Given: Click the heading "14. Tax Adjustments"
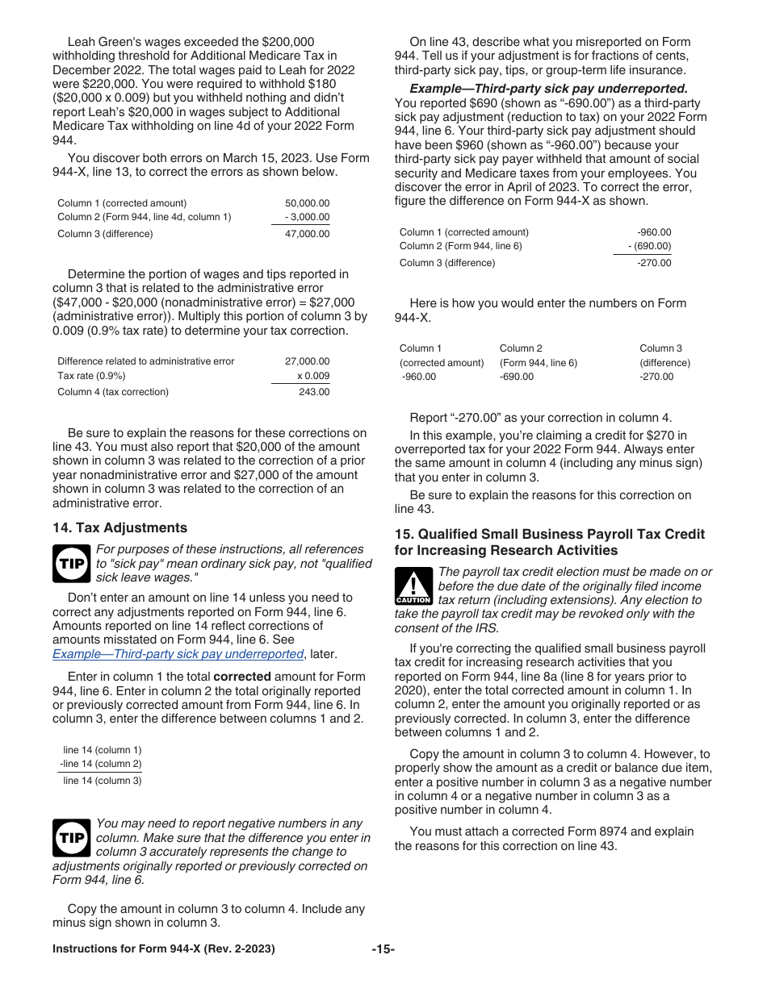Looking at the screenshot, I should (x=119, y=527).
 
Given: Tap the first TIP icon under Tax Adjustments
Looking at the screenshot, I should (x=71, y=563).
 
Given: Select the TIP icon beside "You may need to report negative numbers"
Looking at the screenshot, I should (x=71, y=838).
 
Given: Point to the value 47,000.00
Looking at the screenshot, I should (x=307, y=234).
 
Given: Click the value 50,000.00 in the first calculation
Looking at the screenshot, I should (x=307, y=203).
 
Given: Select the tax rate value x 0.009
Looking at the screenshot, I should (x=312, y=376).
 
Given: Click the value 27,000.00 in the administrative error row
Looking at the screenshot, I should (x=307, y=361).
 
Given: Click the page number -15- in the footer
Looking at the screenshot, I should (x=383, y=949).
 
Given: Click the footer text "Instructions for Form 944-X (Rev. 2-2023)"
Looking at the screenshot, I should (x=163, y=949).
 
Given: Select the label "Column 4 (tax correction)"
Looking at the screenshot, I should (x=113, y=392).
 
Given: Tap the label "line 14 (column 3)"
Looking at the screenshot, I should (x=102, y=780).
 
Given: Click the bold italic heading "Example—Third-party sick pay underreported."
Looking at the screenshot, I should (x=548, y=89).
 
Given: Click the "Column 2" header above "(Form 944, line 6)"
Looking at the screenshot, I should (x=521, y=348).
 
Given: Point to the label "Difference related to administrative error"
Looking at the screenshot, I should (x=145, y=361).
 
